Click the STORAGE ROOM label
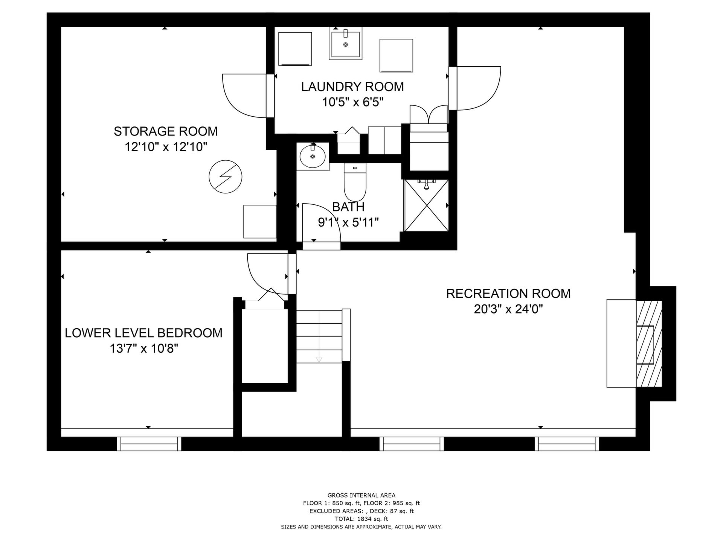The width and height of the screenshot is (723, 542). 166,131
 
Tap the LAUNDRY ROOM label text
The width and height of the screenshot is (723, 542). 352,87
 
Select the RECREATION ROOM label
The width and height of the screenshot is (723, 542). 508,293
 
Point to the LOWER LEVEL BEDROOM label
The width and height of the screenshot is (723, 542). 143,333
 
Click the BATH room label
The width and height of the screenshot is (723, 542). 348,207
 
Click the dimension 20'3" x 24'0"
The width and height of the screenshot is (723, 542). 508,309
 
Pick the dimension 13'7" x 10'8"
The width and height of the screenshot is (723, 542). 143,349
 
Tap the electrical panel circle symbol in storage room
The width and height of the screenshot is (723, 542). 226,177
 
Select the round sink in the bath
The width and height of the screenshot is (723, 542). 313,157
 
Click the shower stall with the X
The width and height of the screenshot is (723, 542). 426,206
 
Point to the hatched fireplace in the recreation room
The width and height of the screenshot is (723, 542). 649,344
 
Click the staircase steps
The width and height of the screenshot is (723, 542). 319,336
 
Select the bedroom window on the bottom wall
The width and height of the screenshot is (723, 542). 149,444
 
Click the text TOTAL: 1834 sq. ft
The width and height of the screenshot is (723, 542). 361,519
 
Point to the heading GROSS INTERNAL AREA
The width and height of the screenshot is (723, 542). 361,495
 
